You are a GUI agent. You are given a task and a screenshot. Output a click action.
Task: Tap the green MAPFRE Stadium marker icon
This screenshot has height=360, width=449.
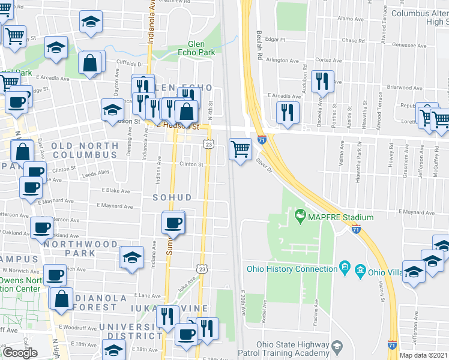point(299,214)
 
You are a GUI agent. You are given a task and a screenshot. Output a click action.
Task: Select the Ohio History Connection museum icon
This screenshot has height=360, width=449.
point(345,266)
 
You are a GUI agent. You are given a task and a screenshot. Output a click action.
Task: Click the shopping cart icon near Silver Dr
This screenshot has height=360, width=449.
point(241,148)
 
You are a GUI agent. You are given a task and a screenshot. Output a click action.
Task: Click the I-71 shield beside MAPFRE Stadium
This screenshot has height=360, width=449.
point(356,229)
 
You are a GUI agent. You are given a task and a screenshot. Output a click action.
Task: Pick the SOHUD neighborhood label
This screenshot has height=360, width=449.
point(172,197)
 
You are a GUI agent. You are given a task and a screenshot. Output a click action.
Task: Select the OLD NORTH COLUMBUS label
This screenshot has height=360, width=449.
point(85,150)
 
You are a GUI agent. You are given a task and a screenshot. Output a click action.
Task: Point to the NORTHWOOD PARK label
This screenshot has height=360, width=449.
point(80,248)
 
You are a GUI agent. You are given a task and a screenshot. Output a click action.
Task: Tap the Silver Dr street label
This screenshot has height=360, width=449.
point(264,165)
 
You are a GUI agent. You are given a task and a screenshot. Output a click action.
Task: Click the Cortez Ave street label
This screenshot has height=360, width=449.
point(329,60)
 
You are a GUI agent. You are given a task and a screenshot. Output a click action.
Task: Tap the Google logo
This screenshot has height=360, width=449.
point(20,352)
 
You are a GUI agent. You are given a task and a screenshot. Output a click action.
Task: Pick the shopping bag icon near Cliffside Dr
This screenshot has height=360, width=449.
point(89,64)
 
